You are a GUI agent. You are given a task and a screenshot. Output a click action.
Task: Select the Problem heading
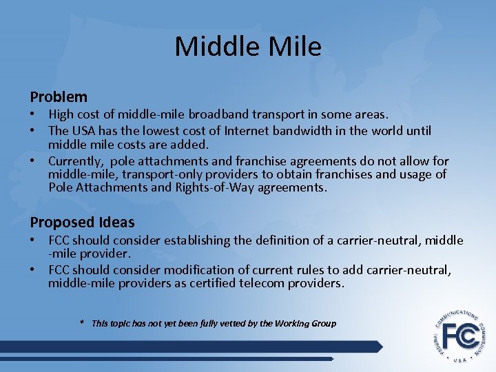[x=59, y=97]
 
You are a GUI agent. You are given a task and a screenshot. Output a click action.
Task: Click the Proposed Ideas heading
[x=82, y=222]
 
